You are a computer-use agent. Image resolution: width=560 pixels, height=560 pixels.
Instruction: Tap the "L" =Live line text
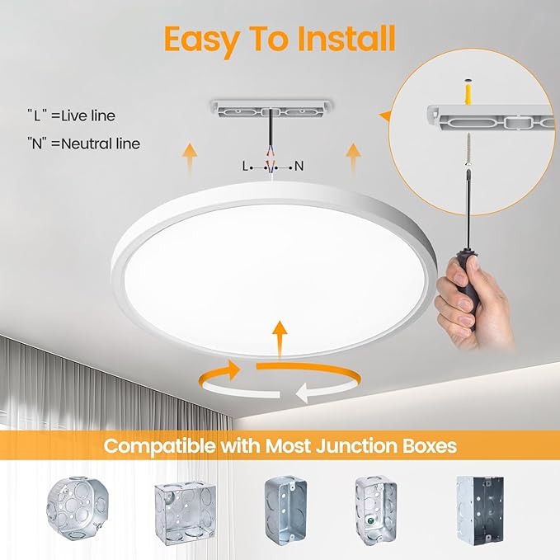click(x=70, y=115)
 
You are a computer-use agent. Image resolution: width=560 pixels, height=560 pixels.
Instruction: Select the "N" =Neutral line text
click(x=82, y=144)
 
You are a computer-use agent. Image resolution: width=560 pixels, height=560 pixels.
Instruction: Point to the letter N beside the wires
click(x=299, y=166)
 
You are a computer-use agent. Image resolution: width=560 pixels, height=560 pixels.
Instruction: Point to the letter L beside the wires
click(x=245, y=166)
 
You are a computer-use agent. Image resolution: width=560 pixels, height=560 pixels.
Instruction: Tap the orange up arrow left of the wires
click(x=191, y=156)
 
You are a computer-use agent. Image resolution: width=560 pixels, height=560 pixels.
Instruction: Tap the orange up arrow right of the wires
click(x=353, y=156)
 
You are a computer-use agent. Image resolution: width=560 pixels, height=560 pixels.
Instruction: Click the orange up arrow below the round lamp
click(x=280, y=338)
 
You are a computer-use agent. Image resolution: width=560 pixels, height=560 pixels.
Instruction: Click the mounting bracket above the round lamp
click(x=271, y=108)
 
